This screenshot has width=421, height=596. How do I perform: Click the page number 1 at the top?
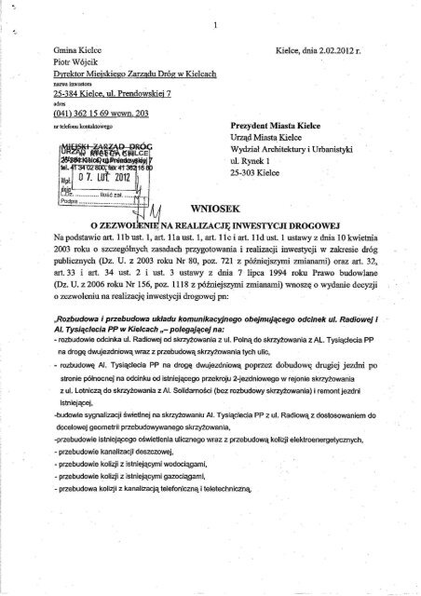(x=214, y=24)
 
